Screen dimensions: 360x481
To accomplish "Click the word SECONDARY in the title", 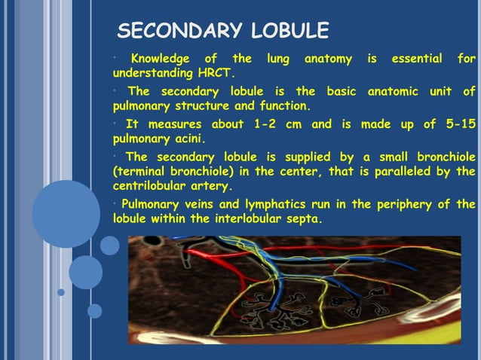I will (x=179, y=32).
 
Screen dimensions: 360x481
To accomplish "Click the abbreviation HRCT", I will (x=215, y=74).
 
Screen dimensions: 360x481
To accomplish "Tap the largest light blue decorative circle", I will (x=66, y=214).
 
